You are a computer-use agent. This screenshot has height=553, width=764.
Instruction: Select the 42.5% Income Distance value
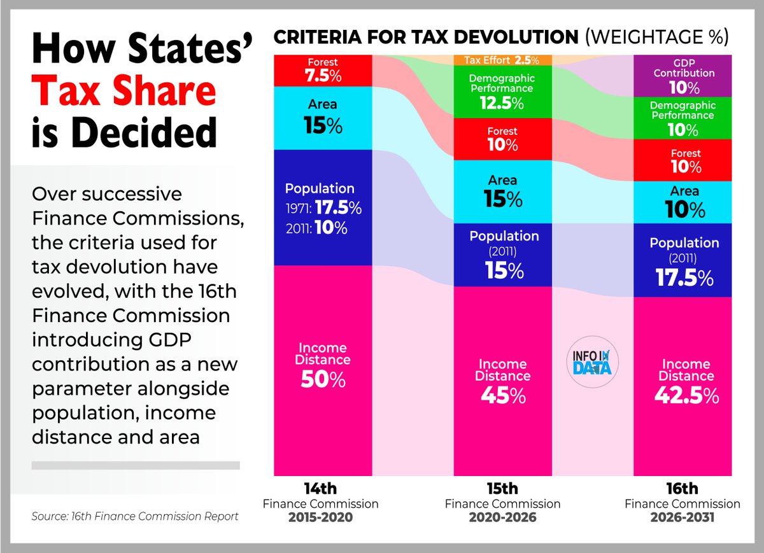(x=685, y=395)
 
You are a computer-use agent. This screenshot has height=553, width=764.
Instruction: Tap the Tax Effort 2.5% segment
(x=502, y=60)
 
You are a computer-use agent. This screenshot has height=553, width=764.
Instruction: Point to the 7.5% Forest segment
(x=322, y=71)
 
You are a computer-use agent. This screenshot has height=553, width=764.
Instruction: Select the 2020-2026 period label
(x=502, y=517)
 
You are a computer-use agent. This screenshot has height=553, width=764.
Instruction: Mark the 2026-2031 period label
(x=682, y=517)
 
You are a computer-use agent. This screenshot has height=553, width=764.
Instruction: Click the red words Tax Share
(x=124, y=91)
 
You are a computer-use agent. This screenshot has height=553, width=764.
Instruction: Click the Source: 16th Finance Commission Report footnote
(x=135, y=516)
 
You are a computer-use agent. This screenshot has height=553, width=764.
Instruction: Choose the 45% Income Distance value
(x=503, y=395)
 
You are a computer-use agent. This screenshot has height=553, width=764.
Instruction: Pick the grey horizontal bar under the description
(x=136, y=465)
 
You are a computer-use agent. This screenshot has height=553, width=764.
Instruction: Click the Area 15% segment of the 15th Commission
(x=503, y=191)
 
